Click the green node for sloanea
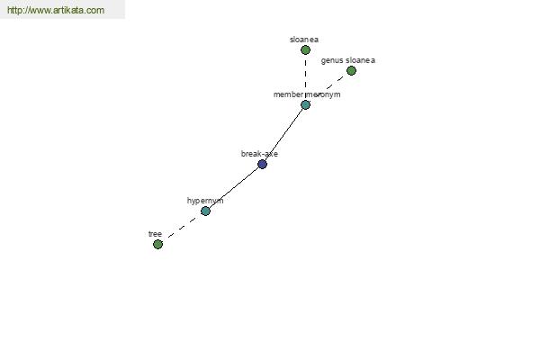click(x=305, y=50)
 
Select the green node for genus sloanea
click(x=351, y=70)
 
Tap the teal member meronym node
click(x=305, y=105)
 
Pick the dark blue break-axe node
click(x=262, y=164)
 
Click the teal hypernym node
click(x=205, y=211)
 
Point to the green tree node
click(x=157, y=244)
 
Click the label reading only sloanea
click(x=304, y=40)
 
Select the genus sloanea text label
click(x=347, y=60)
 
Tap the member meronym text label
click(x=307, y=94)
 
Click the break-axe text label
click(x=259, y=154)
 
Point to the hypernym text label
click(x=205, y=201)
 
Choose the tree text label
click(x=155, y=234)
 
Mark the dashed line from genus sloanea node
click(x=328, y=87)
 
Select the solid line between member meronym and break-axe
click(x=283, y=135)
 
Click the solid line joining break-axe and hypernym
click(x=234, y=187)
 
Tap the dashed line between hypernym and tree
click(x=182, y=227)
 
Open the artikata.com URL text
click(x=56, y=11)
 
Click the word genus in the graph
click(x=331, y=60)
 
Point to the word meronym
click(x=324, y=94)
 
